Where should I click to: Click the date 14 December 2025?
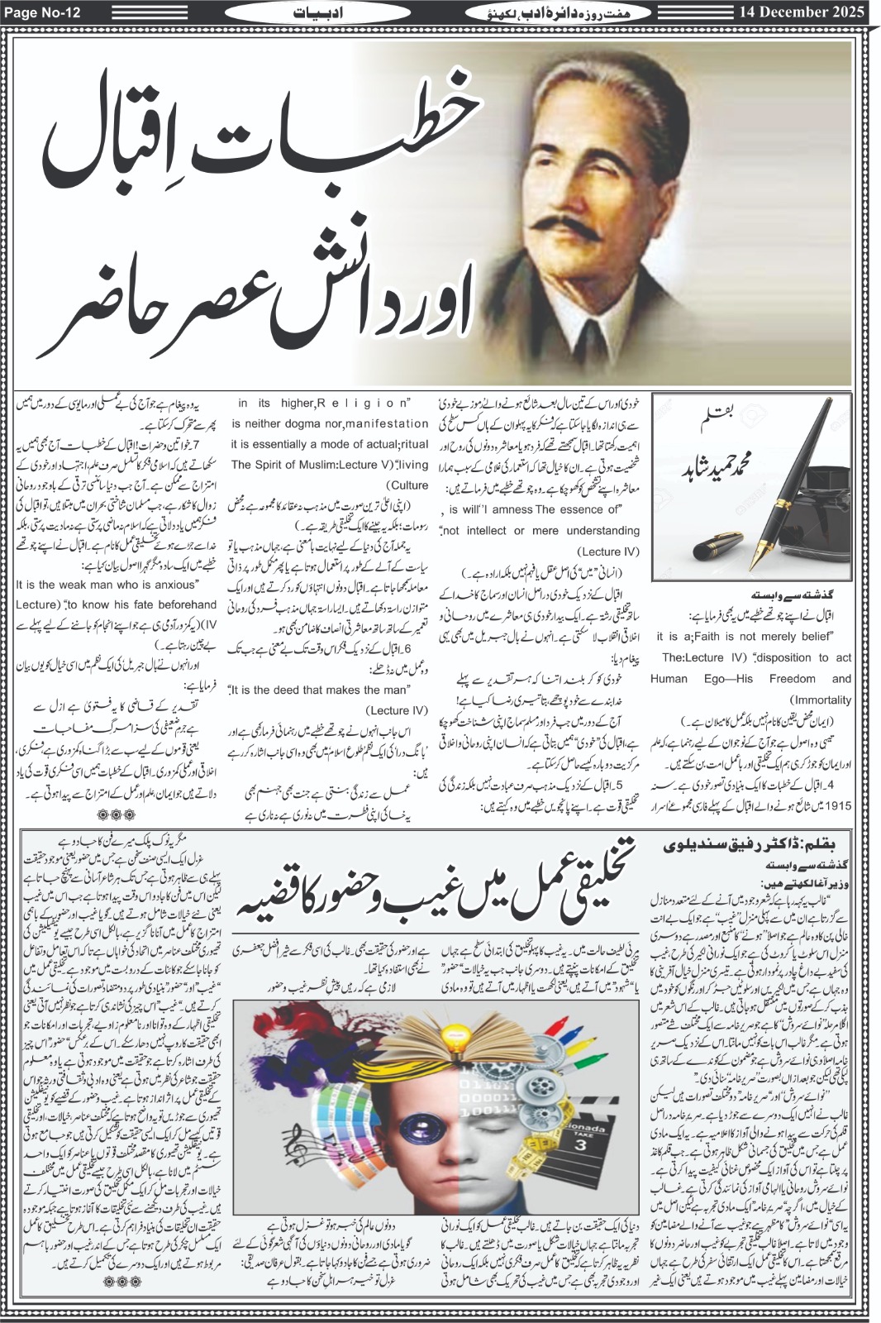click(792, 12)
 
